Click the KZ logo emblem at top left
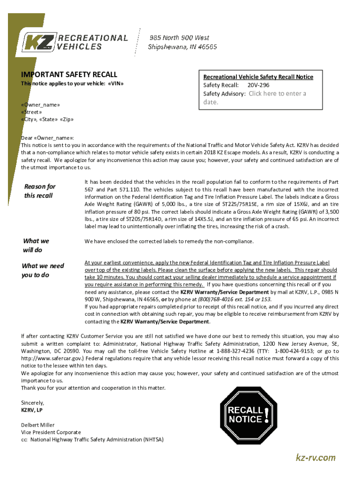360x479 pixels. click(x=39, y=42)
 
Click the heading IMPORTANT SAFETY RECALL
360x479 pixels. click(x=69, y=74)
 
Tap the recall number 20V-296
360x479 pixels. click(x=258, y=85)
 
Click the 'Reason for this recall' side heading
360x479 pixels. click(x=39, y=191)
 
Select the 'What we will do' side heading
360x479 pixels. click(x=36, y=245)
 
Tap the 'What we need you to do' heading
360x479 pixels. click(x=43, y=270)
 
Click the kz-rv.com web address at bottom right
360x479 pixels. click(x=316, y=457)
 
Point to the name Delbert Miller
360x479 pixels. click(x=38, y=425)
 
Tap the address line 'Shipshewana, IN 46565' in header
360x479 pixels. click(x=182, y=47)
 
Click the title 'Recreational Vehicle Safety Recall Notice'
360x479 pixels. click(x=258, y=77)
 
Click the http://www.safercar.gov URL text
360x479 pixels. click(x=54, y=358)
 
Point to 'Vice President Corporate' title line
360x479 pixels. click(x=51, y=432)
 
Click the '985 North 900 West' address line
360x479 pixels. click(x=179, y=37)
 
